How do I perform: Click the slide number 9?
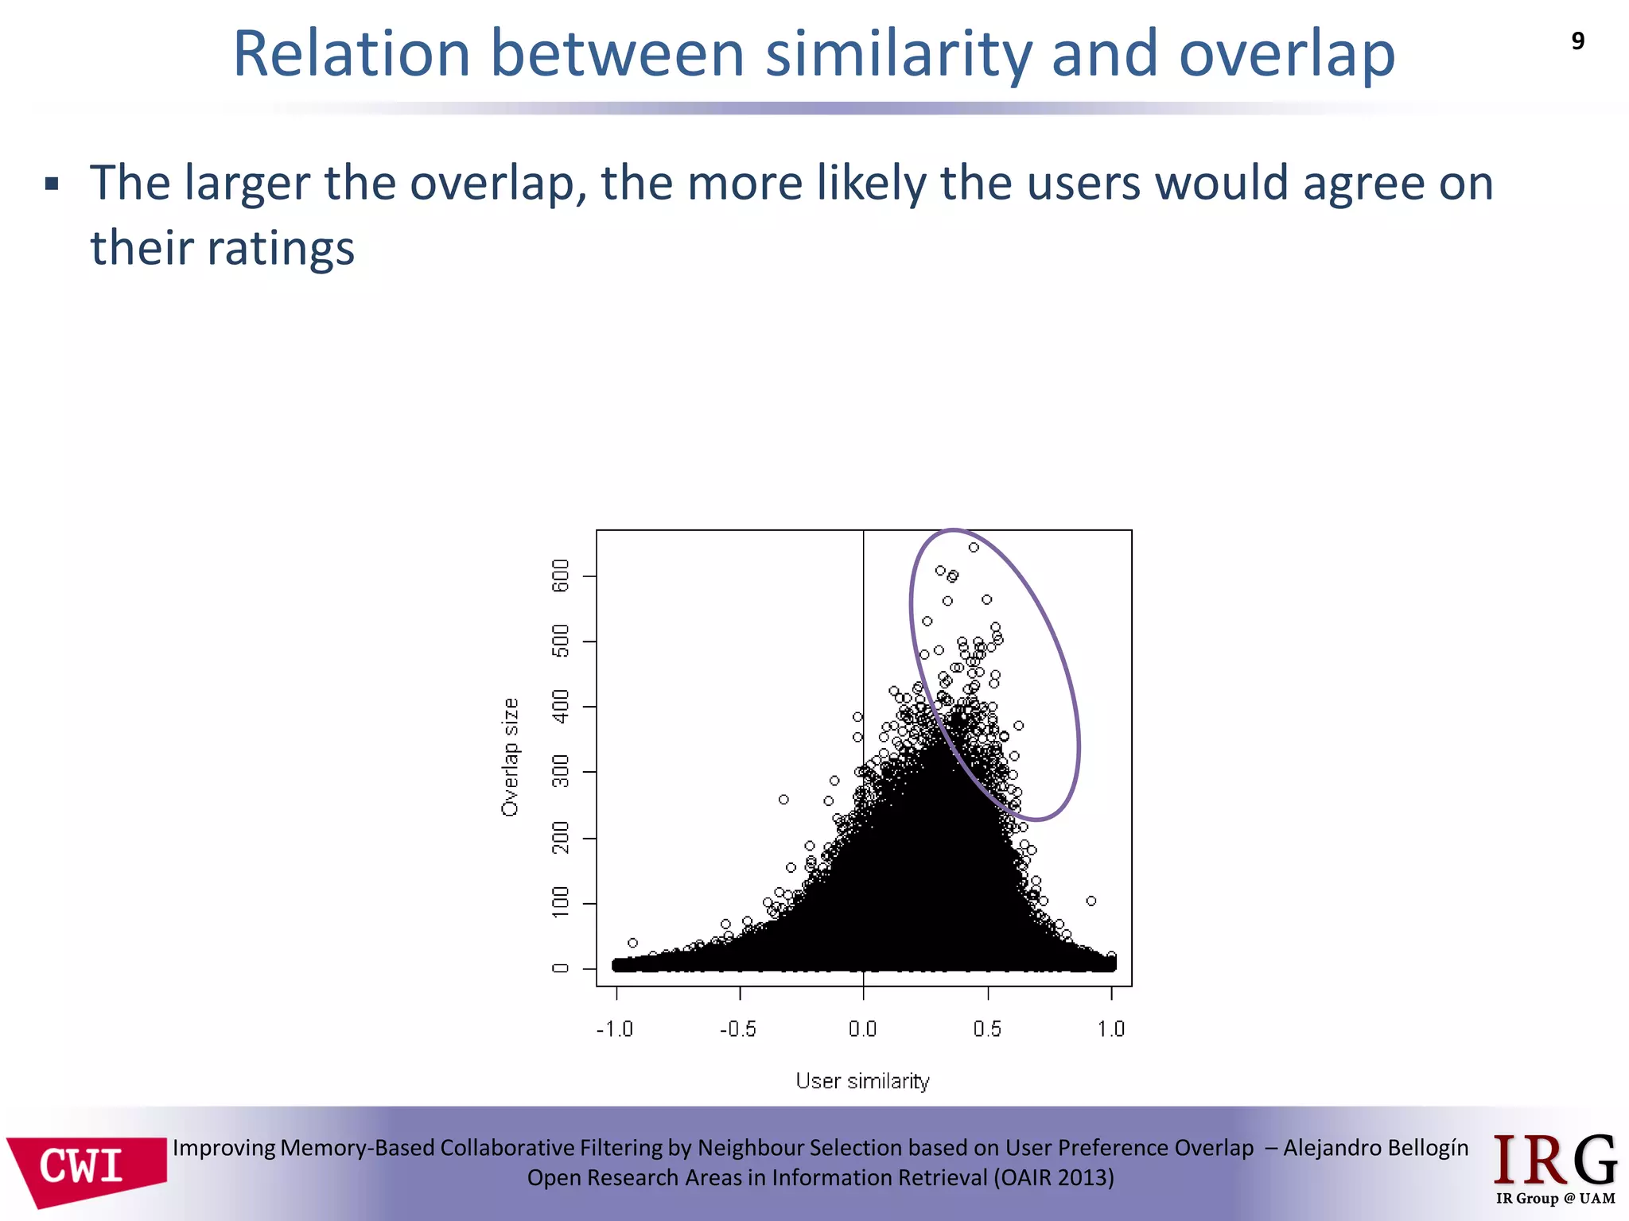point(1577,41)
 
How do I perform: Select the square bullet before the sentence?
point(52,185)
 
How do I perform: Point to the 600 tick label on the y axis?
point(561,576)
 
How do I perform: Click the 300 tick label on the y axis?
point(561,772)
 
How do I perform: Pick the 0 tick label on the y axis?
point(561,968)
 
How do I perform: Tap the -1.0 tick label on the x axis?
point(615,1029)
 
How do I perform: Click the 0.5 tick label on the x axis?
point(987,1029)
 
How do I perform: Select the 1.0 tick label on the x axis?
point(1111,1029)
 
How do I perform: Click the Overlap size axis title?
point(510,757)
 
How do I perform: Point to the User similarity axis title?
point(862,1081)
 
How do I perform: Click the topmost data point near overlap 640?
point(974,548)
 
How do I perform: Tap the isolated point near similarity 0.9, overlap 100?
point(1091,901)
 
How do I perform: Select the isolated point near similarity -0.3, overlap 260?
point(783,800)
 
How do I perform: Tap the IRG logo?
point(1555,1169)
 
